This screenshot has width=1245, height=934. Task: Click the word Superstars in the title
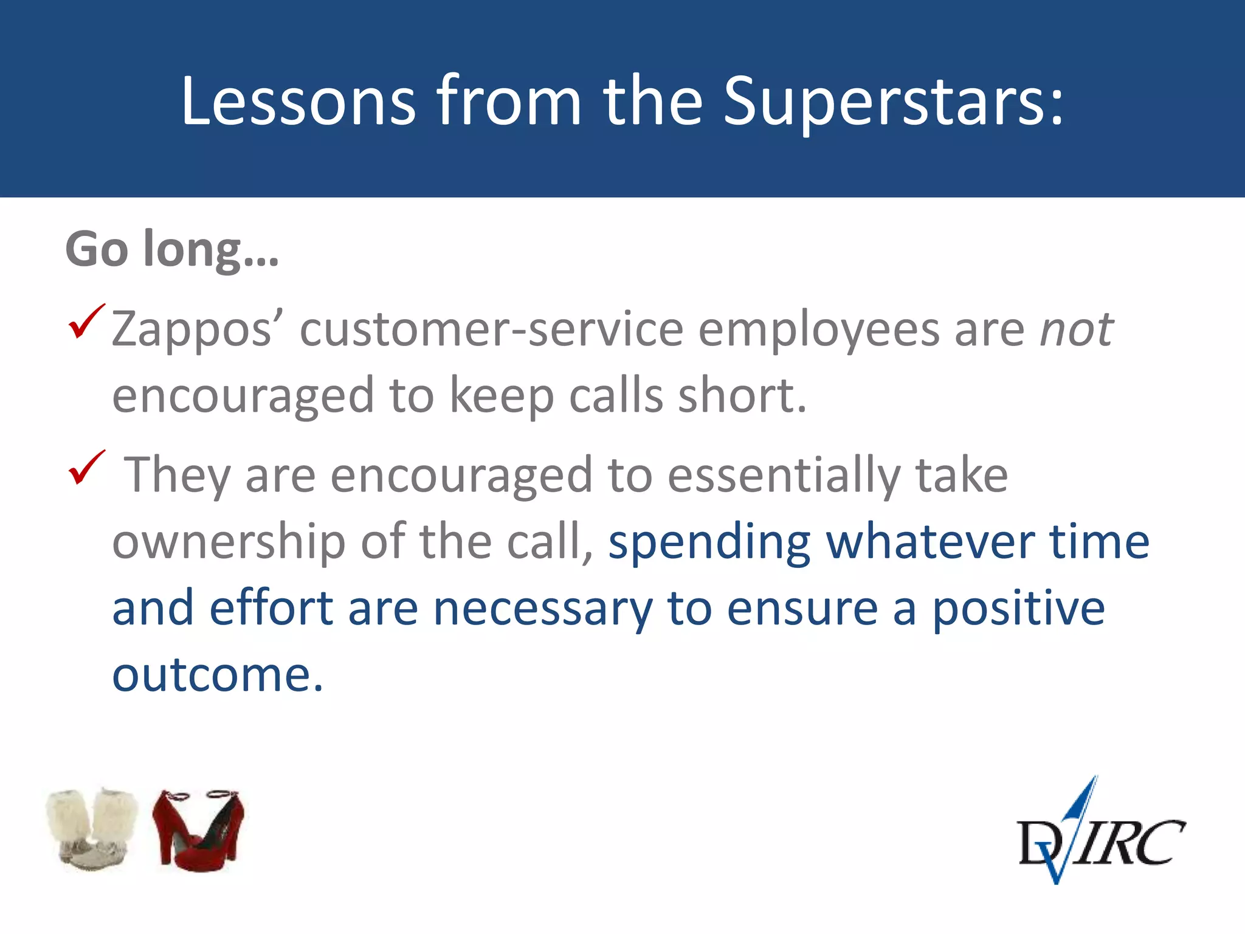(x=894, y=100)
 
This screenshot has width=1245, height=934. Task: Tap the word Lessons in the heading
(x=298, y=100)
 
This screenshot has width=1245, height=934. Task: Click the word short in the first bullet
(x=742, y=395)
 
